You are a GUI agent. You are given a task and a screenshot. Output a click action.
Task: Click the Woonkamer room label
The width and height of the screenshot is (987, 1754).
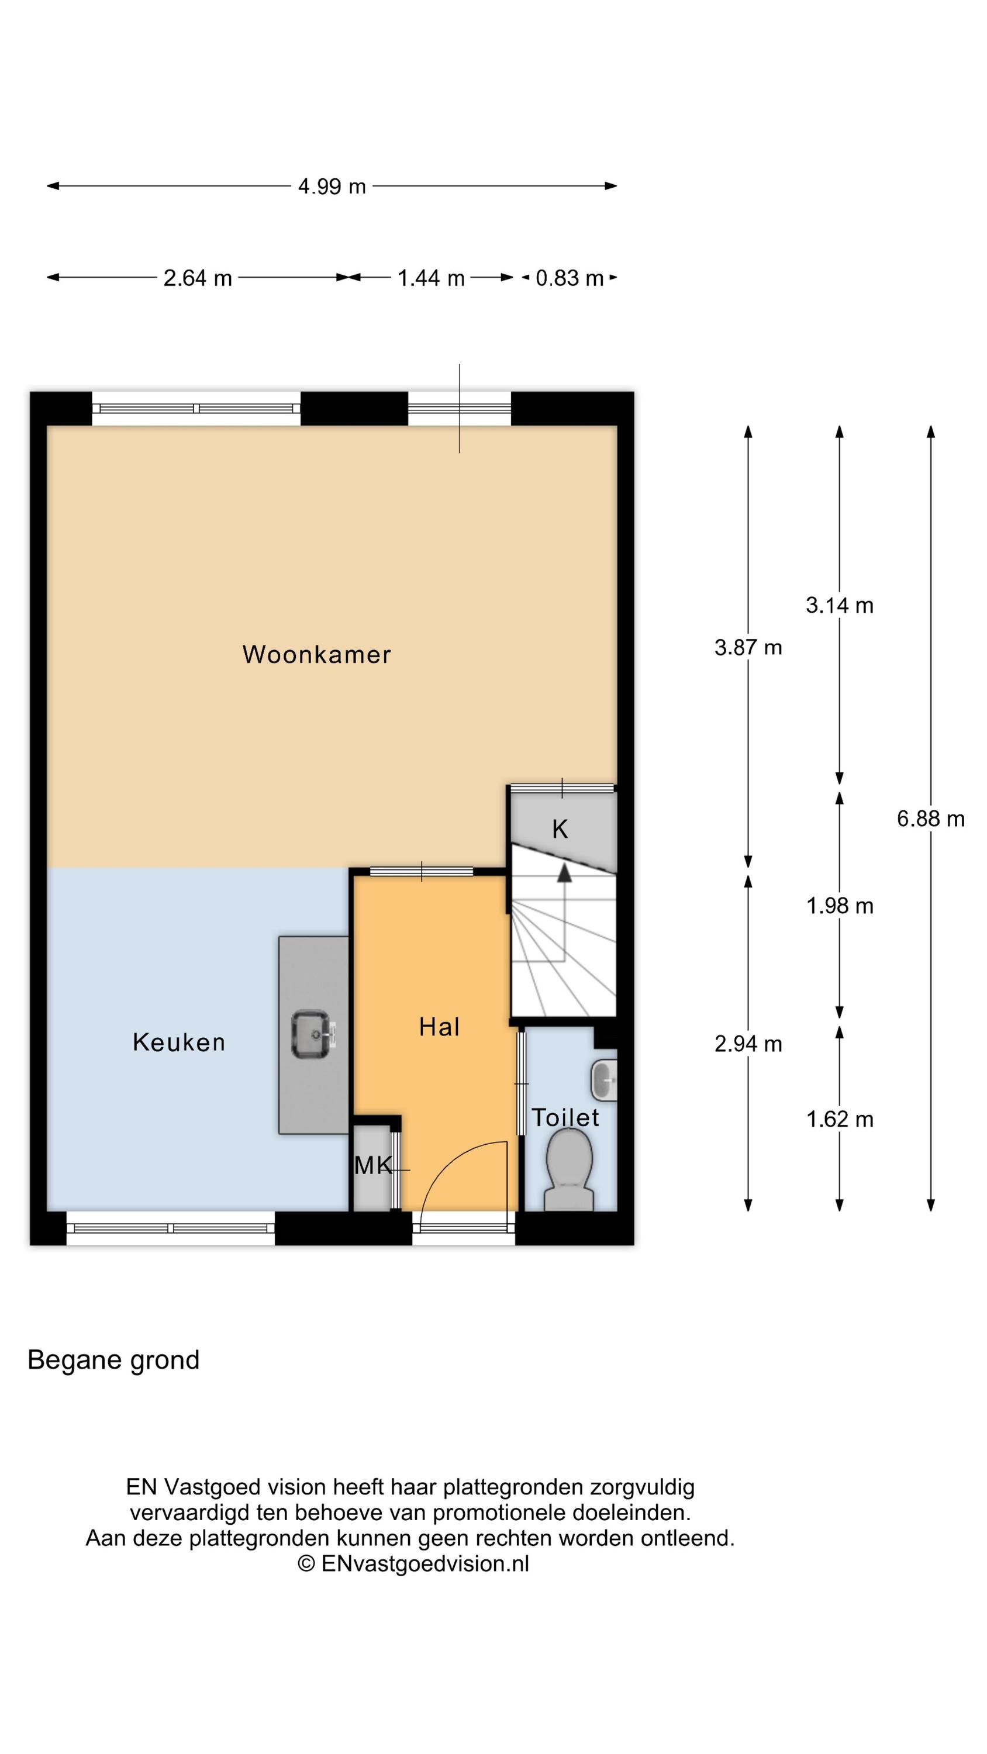click(317, 654)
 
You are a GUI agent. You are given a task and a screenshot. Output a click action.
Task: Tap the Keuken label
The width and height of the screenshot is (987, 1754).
click(178, 1042)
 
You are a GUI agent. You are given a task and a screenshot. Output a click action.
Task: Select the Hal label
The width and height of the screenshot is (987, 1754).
click(439, 1027)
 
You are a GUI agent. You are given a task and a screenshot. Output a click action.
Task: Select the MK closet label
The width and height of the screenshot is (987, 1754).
click(373, 1166)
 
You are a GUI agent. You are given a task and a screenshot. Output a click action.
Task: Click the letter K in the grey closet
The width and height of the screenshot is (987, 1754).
click(560, 829)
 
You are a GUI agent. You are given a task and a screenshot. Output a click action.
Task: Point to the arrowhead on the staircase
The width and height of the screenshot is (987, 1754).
click(564, 873)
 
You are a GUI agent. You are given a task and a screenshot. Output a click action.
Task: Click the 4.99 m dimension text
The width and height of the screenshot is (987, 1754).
click(332, 187)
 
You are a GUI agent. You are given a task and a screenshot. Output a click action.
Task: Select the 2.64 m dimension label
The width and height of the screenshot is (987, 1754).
click(198, 278)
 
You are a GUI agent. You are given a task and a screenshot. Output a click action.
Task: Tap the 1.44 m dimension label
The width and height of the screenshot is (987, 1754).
click(430, 278)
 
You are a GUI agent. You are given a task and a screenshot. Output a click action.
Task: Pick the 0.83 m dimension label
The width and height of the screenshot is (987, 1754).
click(570, 278)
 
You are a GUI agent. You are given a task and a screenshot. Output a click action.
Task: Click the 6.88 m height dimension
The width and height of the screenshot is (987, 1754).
click(930, 819)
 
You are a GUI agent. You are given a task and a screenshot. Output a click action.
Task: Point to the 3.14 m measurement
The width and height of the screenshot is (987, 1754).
click(839, 605)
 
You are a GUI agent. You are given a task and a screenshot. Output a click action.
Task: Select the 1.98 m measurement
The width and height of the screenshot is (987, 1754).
click(839, 906)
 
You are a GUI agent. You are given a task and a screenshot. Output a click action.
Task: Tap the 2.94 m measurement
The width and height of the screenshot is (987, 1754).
click(748, 1044)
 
